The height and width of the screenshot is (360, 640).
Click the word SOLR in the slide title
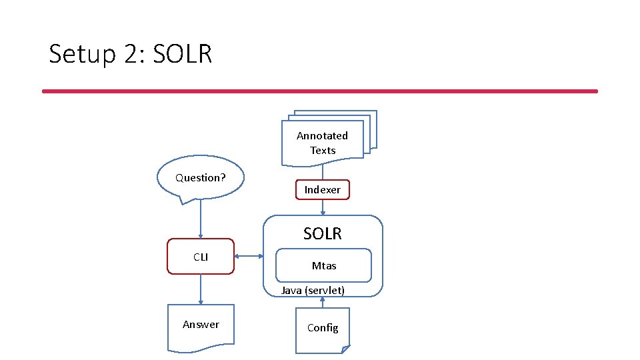point(182,54)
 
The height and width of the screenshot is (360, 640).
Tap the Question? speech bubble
point(200,177)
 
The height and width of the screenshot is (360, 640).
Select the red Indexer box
point(323,190)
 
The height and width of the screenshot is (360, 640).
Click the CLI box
point(201,257)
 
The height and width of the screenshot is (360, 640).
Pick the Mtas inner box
point(324,265)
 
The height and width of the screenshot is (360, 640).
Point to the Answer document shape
point(201,326)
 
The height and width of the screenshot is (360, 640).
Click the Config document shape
point(323,328)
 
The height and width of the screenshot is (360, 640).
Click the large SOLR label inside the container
point(323,234)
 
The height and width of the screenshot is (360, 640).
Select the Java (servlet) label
point(313,290)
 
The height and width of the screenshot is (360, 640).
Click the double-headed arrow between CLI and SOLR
point(249,257)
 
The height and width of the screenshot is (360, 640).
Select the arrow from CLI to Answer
point(201,289)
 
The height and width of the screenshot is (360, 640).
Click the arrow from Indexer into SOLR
point(323,207)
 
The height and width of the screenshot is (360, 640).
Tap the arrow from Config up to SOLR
point(323,302)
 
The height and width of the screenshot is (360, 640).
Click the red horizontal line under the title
point(320,91)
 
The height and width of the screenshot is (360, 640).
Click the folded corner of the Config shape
point(345,349)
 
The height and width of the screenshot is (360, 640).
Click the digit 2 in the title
point(131,54)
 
